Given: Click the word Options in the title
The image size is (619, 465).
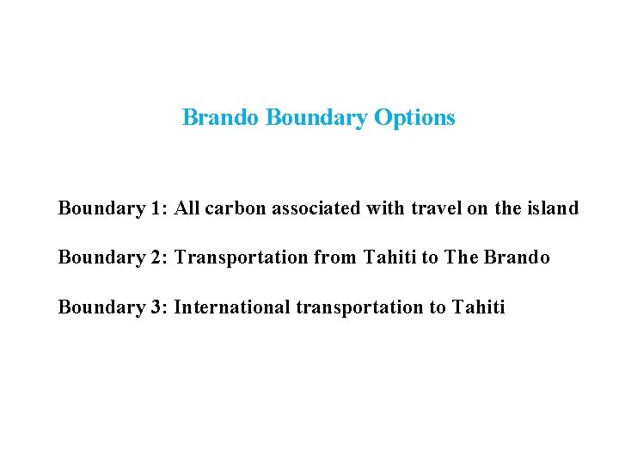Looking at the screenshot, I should click(414, 118).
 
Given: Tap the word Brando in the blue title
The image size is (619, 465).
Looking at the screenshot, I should click(219, 117).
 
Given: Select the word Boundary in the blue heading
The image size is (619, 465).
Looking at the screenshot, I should click(316, 117).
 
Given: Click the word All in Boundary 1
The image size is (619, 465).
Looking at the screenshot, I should click(187, 208).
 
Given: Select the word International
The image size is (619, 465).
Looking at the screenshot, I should click(225, 307).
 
